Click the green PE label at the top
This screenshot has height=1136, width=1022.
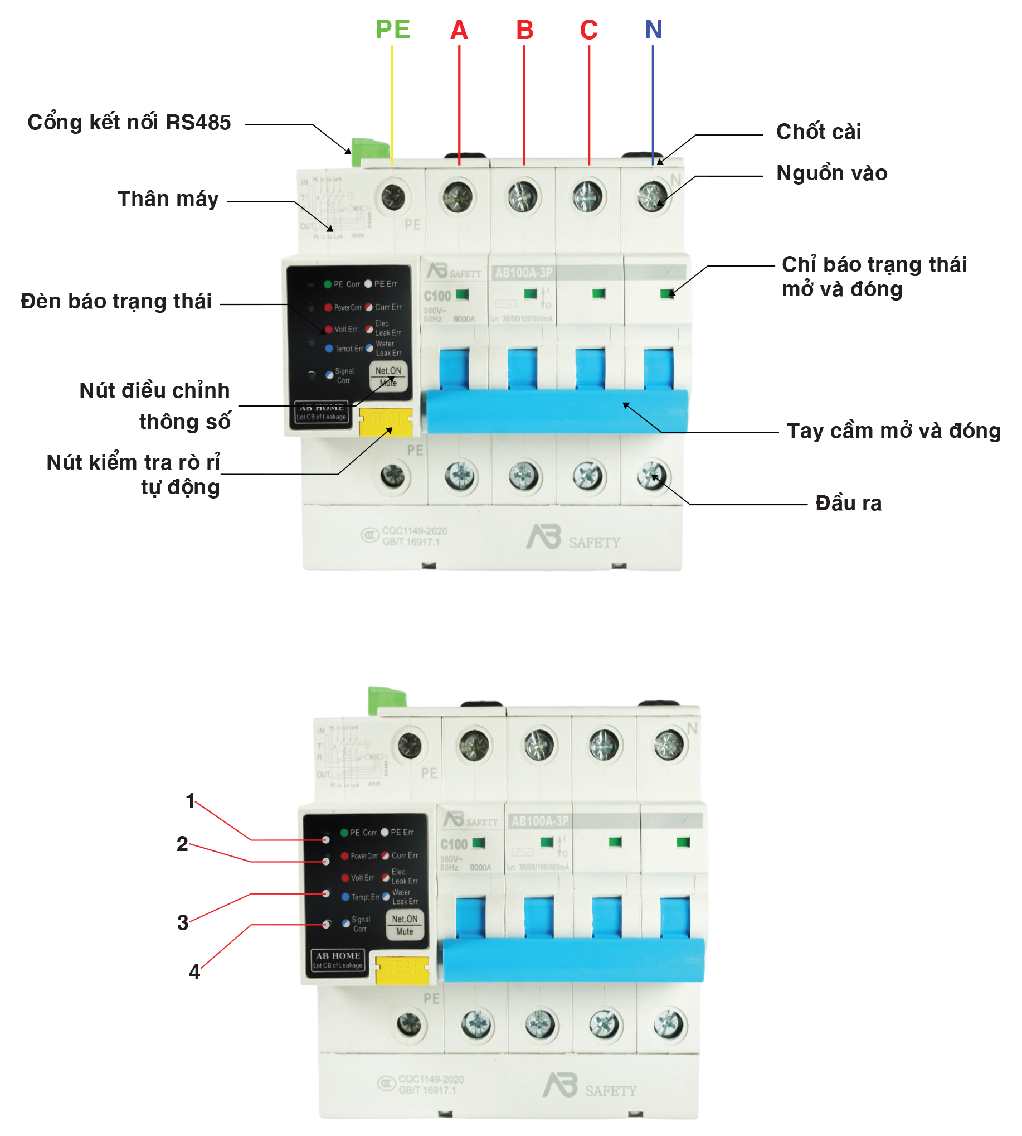[x=392, y=29]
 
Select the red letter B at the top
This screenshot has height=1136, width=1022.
[x=524, y=30]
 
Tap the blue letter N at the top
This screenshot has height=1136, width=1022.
[x=653, y=29]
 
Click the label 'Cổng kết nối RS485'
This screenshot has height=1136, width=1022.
[x=129, y=123]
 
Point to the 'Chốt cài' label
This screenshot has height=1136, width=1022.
[x=818, y=132]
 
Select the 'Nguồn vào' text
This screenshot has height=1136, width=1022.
[x=831, y=173]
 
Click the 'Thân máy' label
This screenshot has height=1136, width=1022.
[x=168, y=199]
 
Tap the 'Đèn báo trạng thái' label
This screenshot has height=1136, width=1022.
[x=116, y=302]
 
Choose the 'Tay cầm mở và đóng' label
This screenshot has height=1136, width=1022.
[x=893, y=431]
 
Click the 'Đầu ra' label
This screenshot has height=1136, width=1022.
[x=848, y=504]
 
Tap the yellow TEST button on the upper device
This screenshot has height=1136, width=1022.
[x=386, y=422]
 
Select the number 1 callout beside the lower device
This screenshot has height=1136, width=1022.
[x=191, y=801]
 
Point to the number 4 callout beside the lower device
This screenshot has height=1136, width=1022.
[x=194, y=971]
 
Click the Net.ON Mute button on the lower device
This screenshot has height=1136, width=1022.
[x=405, y=925]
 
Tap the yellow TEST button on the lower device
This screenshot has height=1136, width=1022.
[x=402, y=970]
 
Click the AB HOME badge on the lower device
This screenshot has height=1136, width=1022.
[x=338, y=960]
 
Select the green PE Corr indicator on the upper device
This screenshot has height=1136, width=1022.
[x=327, y=284]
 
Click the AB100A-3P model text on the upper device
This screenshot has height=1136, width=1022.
[x=523, y=273]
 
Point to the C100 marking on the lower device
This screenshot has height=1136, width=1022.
[x=454, y=844]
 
